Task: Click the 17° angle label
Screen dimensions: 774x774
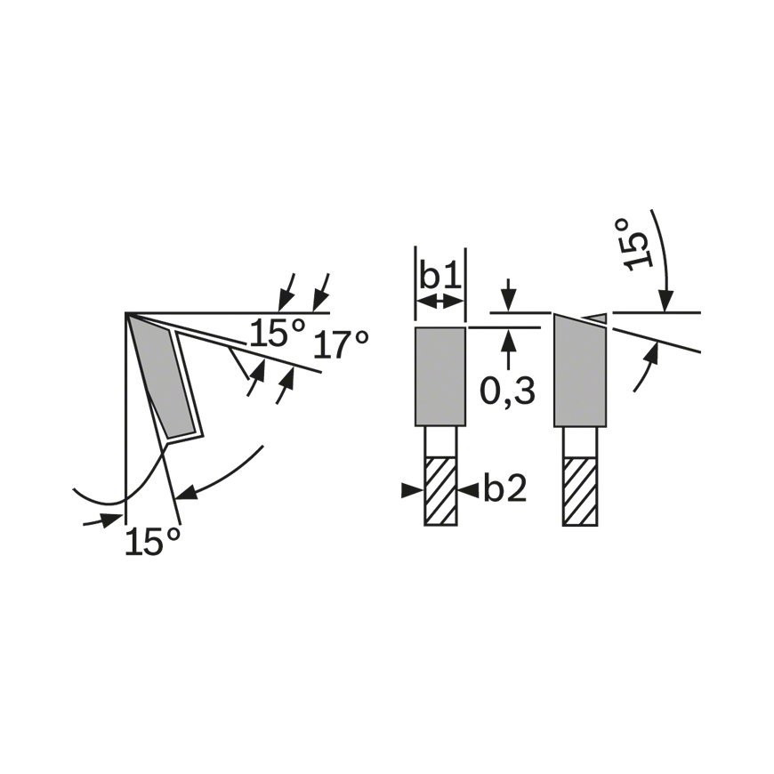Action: [x=341, y=344]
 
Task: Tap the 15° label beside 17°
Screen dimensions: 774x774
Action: [x=277, y=332]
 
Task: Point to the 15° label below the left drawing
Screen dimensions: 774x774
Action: [x=151, y=541]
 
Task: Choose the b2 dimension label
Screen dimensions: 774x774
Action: [x=505, y=488]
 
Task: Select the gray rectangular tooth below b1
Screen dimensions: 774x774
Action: [x=440, y=376]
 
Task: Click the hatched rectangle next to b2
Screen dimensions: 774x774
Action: [x=440, y=491]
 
